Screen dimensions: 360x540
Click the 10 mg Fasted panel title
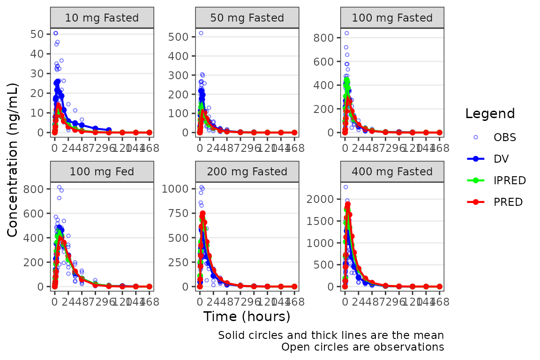click(102, 18)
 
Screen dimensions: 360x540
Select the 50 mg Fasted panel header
click(247, 18)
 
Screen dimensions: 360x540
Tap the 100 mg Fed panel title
click(102, 172)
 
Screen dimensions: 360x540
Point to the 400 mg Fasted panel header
click(392, 172)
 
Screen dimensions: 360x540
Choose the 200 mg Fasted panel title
click(247, 172)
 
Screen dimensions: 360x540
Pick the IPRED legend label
click(510, 180)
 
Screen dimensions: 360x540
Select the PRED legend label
click(508, 202)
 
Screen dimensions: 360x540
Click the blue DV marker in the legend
click(475, 158)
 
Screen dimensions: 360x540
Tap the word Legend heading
click(490, 113)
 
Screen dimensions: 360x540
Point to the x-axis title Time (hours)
click(247, 317)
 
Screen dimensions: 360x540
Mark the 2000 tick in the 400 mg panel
click(321, 199)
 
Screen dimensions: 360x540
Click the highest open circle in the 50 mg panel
click(201, 33)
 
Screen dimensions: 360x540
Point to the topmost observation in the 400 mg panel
click(345, 187)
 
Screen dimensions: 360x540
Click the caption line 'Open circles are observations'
click(362, 347)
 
